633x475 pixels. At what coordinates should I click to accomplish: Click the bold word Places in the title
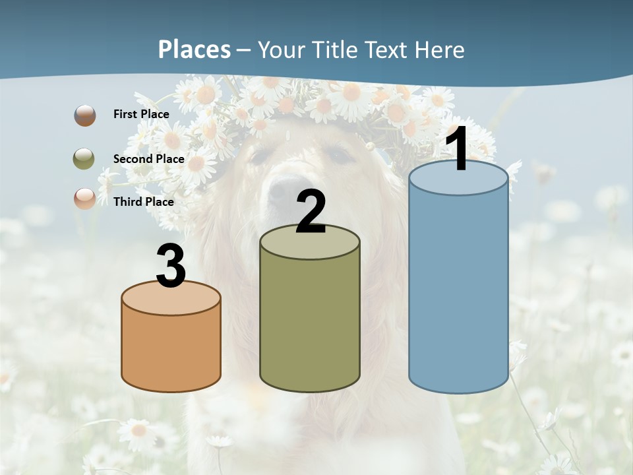(x=195, y=49)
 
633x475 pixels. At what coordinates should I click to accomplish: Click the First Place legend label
(x=141, y=114)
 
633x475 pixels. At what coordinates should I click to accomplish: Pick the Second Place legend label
(x=148, y=158)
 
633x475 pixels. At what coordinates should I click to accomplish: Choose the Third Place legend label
(x=144, y=202)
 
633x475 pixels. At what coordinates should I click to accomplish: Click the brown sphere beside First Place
(x=85, y=115)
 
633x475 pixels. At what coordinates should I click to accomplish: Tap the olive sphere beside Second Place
(x=84, y=158)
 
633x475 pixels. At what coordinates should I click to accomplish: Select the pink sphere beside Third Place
(x=85, y=198)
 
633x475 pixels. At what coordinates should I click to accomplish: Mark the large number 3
(x=171, y=266)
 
